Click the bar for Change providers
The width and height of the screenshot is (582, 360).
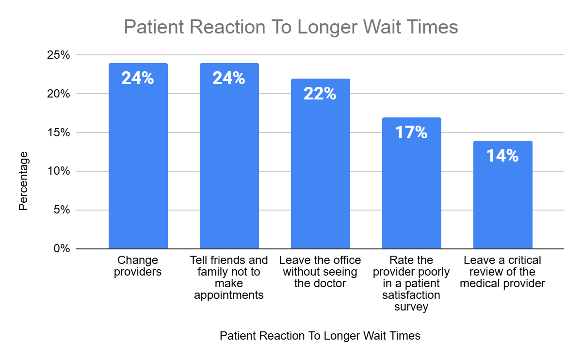(x=138, y=165)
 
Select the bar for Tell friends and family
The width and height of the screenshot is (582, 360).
(x=229, y=165)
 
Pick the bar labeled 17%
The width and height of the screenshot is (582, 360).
(x=411, y=194)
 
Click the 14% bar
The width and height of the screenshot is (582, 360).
(x=502, y=204)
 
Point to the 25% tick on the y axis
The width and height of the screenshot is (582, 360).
(x=59, y=55)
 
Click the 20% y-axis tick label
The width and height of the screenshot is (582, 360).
(x=59, y=94)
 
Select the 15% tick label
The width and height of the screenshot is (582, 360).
(x=59, y=132)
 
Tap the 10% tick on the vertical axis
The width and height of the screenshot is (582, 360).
(x=59, y=171)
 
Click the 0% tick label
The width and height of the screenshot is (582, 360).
(x=62, y=249)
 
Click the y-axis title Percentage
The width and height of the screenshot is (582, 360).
(x=23, y=180)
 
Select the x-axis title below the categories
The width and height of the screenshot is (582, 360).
(x=320, y=336)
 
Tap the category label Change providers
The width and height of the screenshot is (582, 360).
(x=138, y=266)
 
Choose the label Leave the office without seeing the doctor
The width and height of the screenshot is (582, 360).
(x=320, y=272)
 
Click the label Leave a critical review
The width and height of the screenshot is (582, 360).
(x=502, y=272)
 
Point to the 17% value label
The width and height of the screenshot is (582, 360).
(x=411, y=132)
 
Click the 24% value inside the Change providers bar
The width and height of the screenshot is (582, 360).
(x=138, y=78)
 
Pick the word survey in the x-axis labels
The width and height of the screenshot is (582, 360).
(x=411, y=307)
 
